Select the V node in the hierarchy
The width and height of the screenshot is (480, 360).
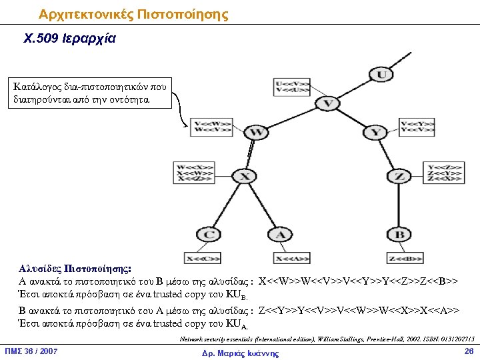coord(327,103)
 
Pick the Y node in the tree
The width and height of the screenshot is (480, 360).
coord(377,133)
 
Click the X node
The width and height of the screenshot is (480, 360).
coord(245,177)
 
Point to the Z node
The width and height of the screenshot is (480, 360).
coord(399,177)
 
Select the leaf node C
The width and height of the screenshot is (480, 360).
coord(209,235)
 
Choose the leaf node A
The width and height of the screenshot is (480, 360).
coord(280,235)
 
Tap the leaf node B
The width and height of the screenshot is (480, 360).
coord(399,235)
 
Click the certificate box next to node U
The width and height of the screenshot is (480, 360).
coord(291,87)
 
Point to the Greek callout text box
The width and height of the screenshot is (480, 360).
coord(91,93)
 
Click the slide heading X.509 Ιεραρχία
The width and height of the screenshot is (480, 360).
coord(69,39)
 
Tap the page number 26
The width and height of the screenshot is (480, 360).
coord(468,351)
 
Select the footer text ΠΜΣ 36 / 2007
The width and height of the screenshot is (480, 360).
coord(31,351)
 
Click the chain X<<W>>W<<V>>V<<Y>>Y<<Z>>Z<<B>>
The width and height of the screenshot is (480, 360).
coord(358,281)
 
